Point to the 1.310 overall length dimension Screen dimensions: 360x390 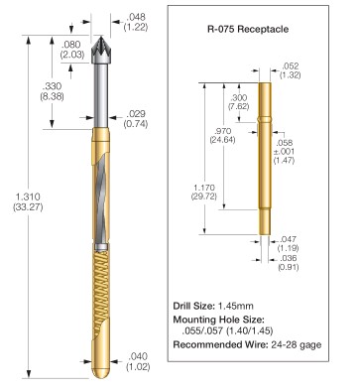pos(28,201)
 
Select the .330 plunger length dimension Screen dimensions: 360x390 pos(52,91)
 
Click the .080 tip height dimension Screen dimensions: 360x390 pos(72,50)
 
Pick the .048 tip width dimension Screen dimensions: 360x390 pos(136,22)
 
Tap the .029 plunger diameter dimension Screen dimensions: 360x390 pos(136,118)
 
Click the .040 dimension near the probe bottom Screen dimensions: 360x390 pos(138,361)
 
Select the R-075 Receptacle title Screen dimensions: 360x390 pos(248,29)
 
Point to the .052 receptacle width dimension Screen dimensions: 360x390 pos(291,70)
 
